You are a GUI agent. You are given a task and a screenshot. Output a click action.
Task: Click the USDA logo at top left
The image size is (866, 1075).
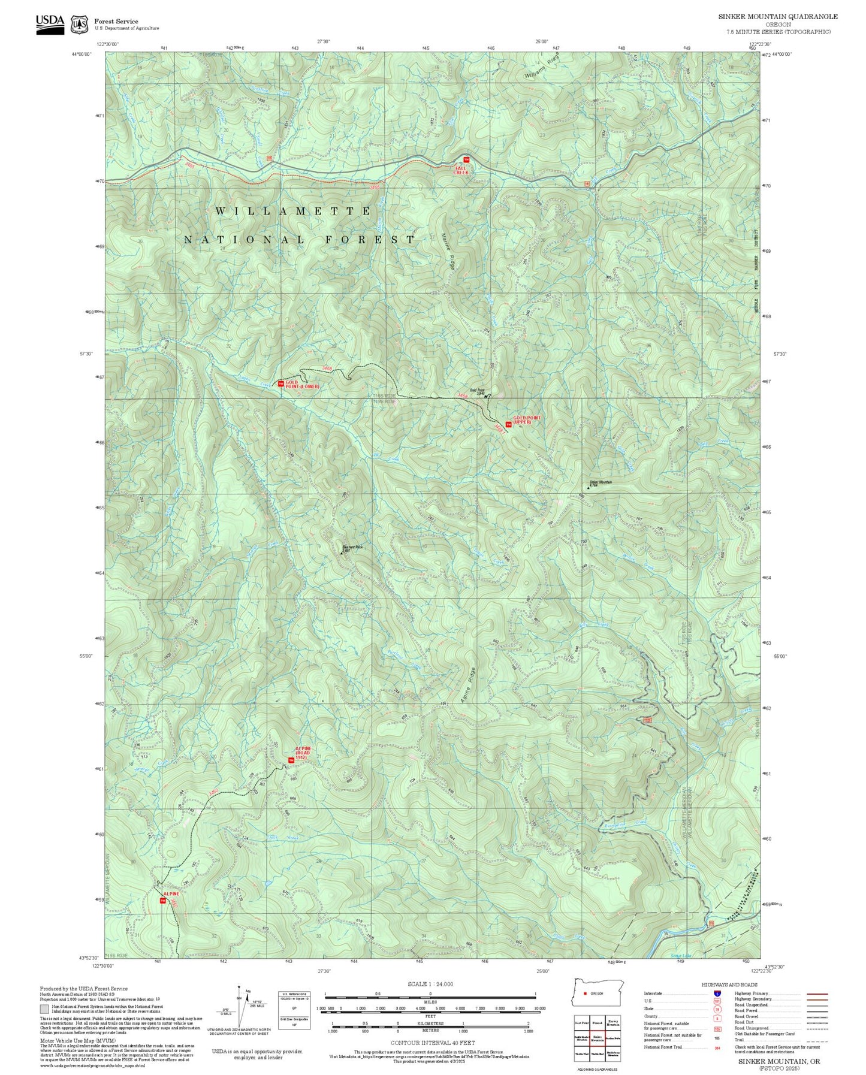pyautogui.click(x=50, y=24)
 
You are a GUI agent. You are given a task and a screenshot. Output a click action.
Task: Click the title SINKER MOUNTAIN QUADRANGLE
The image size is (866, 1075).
pyautogui.click(x=777, y=17)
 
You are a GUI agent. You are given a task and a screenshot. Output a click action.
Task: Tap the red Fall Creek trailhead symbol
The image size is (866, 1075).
pyautogui.click(x=466, y=159)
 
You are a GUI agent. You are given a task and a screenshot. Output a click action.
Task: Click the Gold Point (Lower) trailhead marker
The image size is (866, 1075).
pyautogui.click(x=280, y=384)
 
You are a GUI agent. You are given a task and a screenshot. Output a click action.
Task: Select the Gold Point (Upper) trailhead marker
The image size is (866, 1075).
pyautogui.click(x=508, y=424)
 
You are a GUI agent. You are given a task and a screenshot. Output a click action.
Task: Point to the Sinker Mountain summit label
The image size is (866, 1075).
pyautogui.click(x=600, y=483)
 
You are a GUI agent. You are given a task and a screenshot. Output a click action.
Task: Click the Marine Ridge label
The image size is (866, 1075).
pyautogui.click(x=448, y=251)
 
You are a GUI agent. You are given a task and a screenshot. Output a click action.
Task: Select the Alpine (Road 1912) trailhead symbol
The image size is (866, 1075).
pyautogui.click(x=291, y=760)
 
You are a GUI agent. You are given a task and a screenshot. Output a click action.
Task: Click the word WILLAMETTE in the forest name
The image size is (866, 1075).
pyautogui.click(x=294, y=212)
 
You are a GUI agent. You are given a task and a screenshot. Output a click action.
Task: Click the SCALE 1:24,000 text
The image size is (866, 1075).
pyautogui.click(x=430, y=984)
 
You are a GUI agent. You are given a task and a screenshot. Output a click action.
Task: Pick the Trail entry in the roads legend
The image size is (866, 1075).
pyautogui.click(x=741, y=1040)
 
